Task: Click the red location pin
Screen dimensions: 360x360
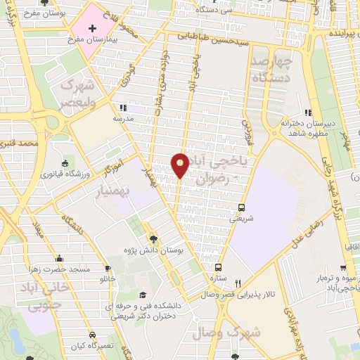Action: click(x=180, y=165)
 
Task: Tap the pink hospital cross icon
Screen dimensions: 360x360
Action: click(x=93, y=27)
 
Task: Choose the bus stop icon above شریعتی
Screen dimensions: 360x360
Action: click(x=241, y=207)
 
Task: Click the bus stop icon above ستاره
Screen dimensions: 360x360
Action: click(x=218, y=267)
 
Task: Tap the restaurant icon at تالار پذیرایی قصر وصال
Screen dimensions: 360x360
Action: click(x=238, y=283)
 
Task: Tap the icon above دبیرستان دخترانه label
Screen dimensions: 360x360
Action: click(x=307, y=112)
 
